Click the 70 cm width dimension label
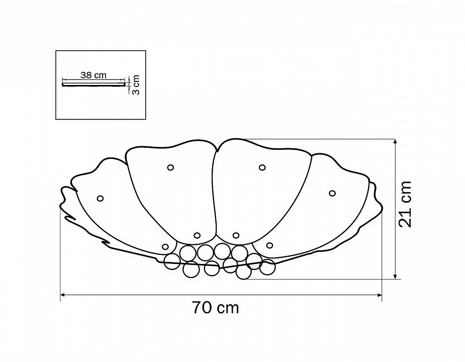tap(215, 307)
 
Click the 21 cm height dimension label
tap(405, 204)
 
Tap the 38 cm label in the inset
tap(93, 75)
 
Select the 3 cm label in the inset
tap(136, 84)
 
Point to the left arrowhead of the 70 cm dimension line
tap(62, 295)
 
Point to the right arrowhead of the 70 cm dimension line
tap(380, 295)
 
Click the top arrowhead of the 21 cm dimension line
tap(395, 141)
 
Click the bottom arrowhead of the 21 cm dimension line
tap(395, 277)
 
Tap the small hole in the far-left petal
tap(100, 198)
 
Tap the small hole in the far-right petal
tap(332, 193)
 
